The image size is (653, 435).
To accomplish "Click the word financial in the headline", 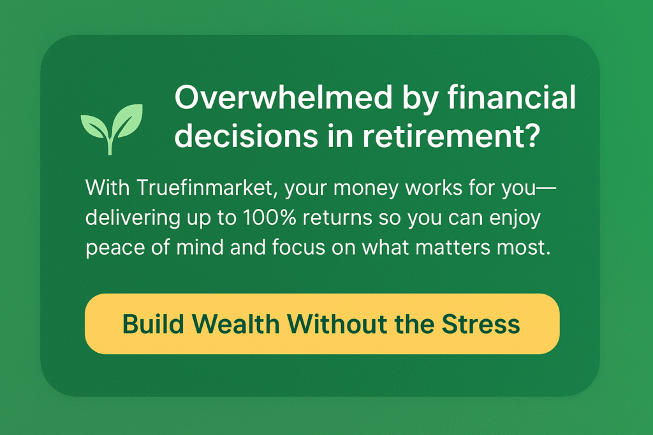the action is click(511, 97).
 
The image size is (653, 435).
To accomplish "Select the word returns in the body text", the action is click(337, 218).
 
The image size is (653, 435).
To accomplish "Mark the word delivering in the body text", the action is click(133, 218).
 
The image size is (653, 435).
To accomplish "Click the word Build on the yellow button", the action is click(153, 324).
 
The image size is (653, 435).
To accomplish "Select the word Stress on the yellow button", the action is click(481, 324).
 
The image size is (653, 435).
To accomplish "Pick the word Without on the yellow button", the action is click(337, 324).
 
